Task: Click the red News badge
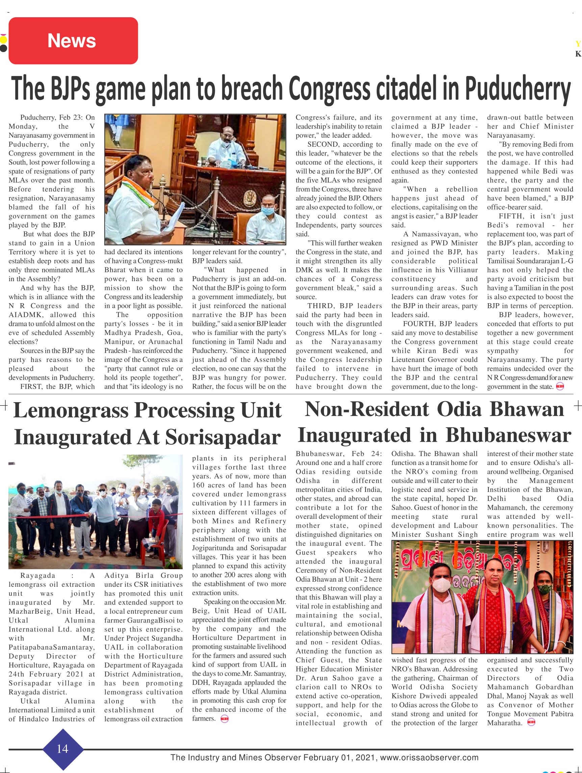point(73,41)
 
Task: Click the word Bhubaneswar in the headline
point(508,435)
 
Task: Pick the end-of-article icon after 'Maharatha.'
point(531,723)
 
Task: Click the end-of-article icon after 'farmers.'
point(224,719)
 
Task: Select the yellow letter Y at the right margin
point(578,44)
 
